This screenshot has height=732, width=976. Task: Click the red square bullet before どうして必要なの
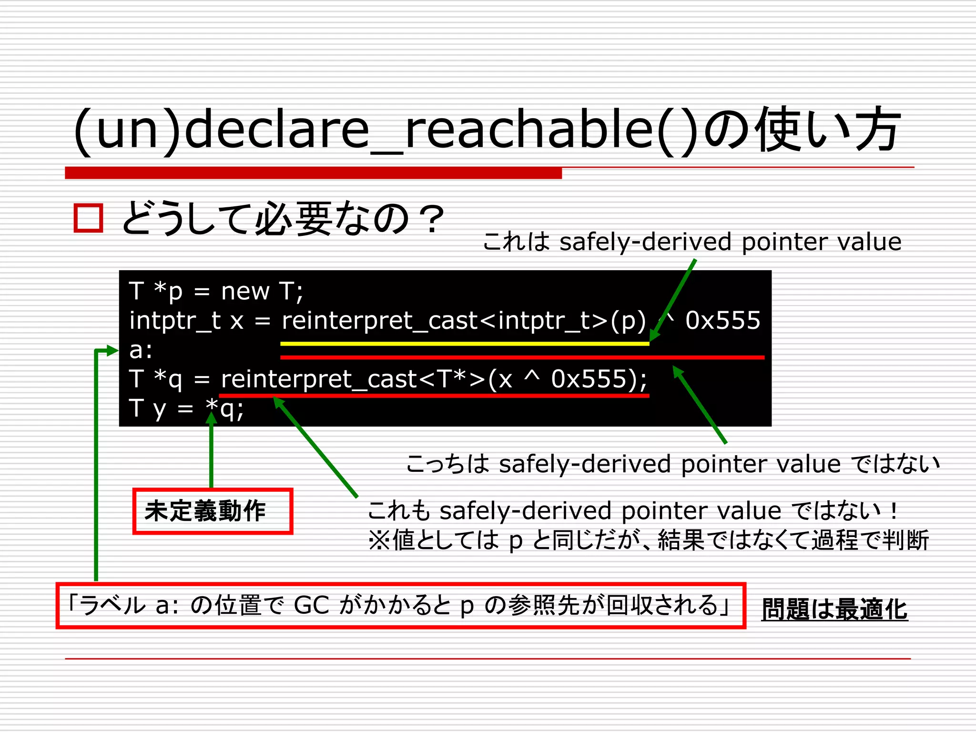pos(89,218)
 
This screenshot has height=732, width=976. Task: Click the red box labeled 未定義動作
pos(213,511)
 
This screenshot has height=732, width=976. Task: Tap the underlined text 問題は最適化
pos(834,610)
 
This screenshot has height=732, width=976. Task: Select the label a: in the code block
pos(141,350)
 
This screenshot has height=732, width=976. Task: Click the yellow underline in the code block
pos(465,343)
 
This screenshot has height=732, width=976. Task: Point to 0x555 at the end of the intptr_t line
pos(722,320)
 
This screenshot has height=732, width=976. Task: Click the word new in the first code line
pos(245,291)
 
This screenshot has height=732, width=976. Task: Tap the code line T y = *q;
pos(186,409)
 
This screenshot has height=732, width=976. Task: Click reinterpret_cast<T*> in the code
pos(353,379)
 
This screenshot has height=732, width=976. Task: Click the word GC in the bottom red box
pos(312,605)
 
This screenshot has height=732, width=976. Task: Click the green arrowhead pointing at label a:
pos(112,351)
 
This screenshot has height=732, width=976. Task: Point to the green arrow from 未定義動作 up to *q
pos(211,453)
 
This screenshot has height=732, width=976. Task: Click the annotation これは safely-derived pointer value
pos(692,242)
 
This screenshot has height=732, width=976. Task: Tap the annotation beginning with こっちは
pos(672,464)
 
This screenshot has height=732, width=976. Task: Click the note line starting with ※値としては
pos(648,540)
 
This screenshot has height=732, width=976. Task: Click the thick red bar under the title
pos(313,173)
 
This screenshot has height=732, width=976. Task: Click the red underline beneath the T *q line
pos(434,395)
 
